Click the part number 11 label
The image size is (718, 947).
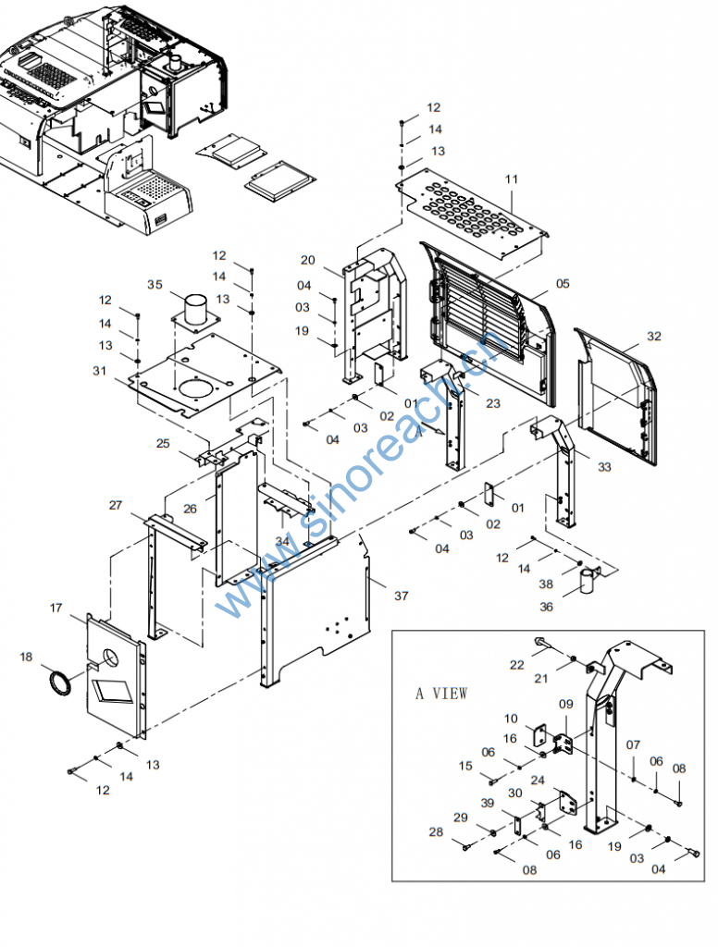512,178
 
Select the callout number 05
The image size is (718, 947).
563,283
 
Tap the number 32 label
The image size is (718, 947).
654,336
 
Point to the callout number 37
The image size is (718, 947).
402,596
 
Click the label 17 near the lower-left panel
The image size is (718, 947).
56,608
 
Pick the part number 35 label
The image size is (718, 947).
155,285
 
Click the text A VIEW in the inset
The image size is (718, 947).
441,694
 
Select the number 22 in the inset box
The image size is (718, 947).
516,665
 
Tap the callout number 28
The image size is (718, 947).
436,832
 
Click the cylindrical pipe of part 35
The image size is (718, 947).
195,310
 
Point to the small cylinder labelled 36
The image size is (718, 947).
588,581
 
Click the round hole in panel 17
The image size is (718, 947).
110,657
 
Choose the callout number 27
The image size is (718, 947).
116,506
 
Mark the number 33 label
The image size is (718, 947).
604,467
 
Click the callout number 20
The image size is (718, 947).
307,260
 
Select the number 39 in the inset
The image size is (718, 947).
487,803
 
